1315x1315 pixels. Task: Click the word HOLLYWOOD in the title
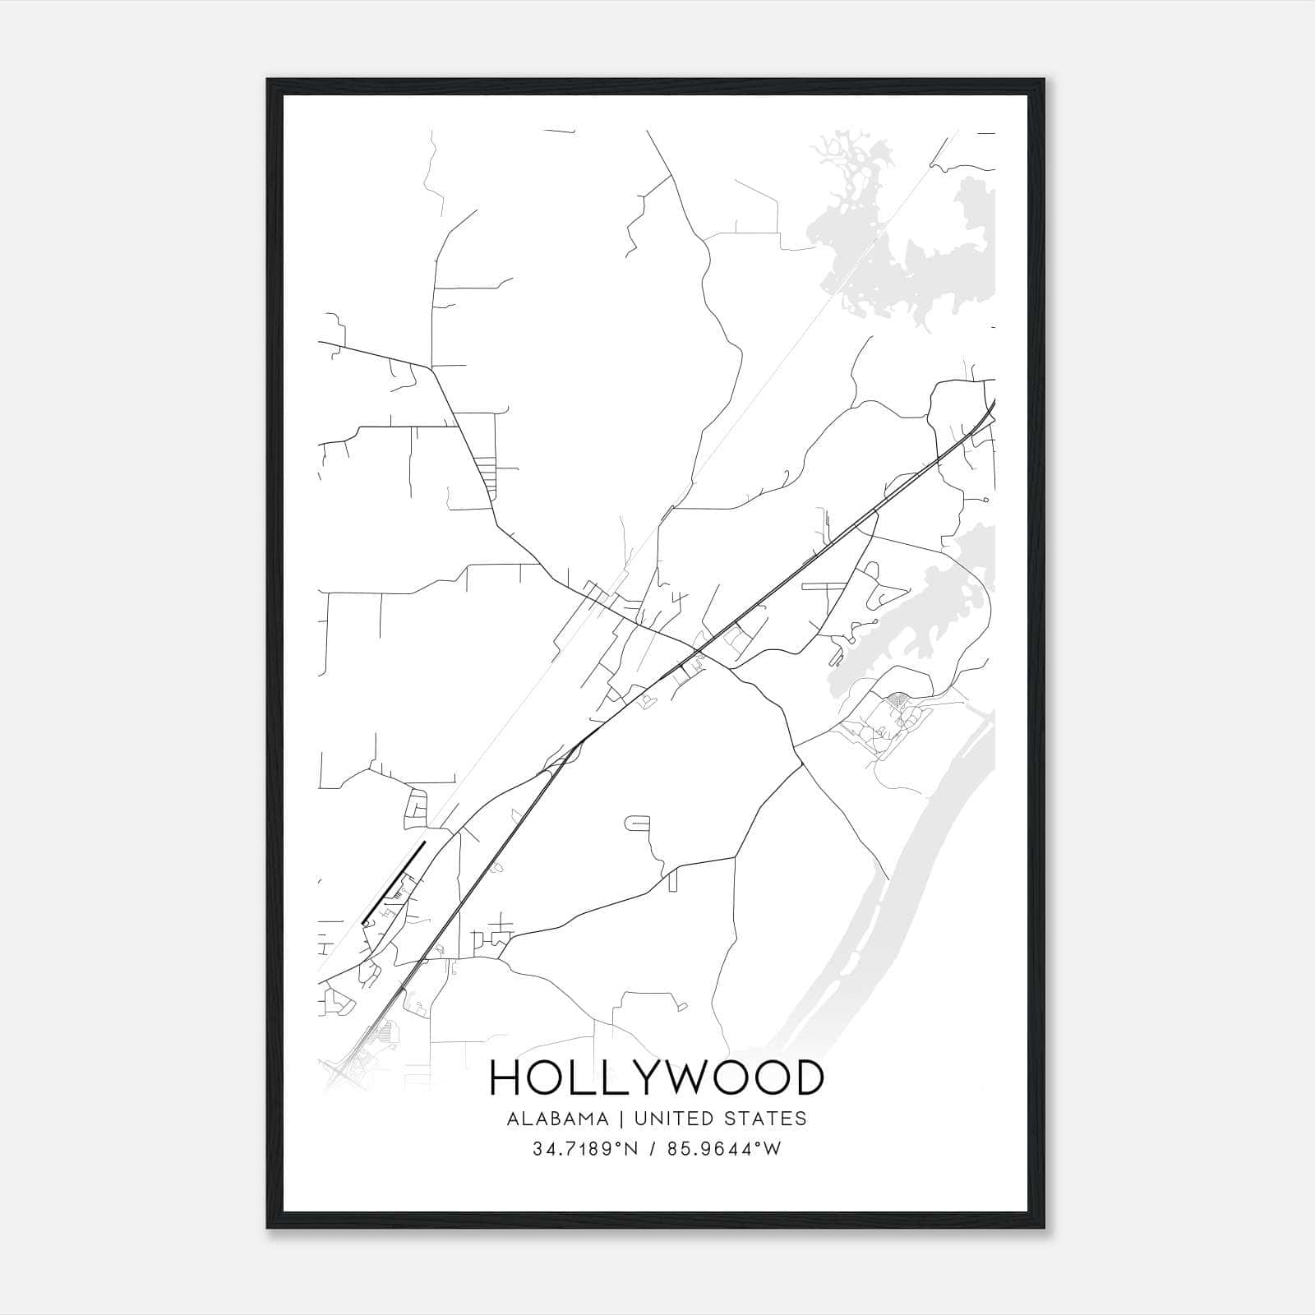[656, 1077]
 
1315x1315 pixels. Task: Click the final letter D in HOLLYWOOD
[807, 1077]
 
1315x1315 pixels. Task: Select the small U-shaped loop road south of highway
[638, 821]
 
